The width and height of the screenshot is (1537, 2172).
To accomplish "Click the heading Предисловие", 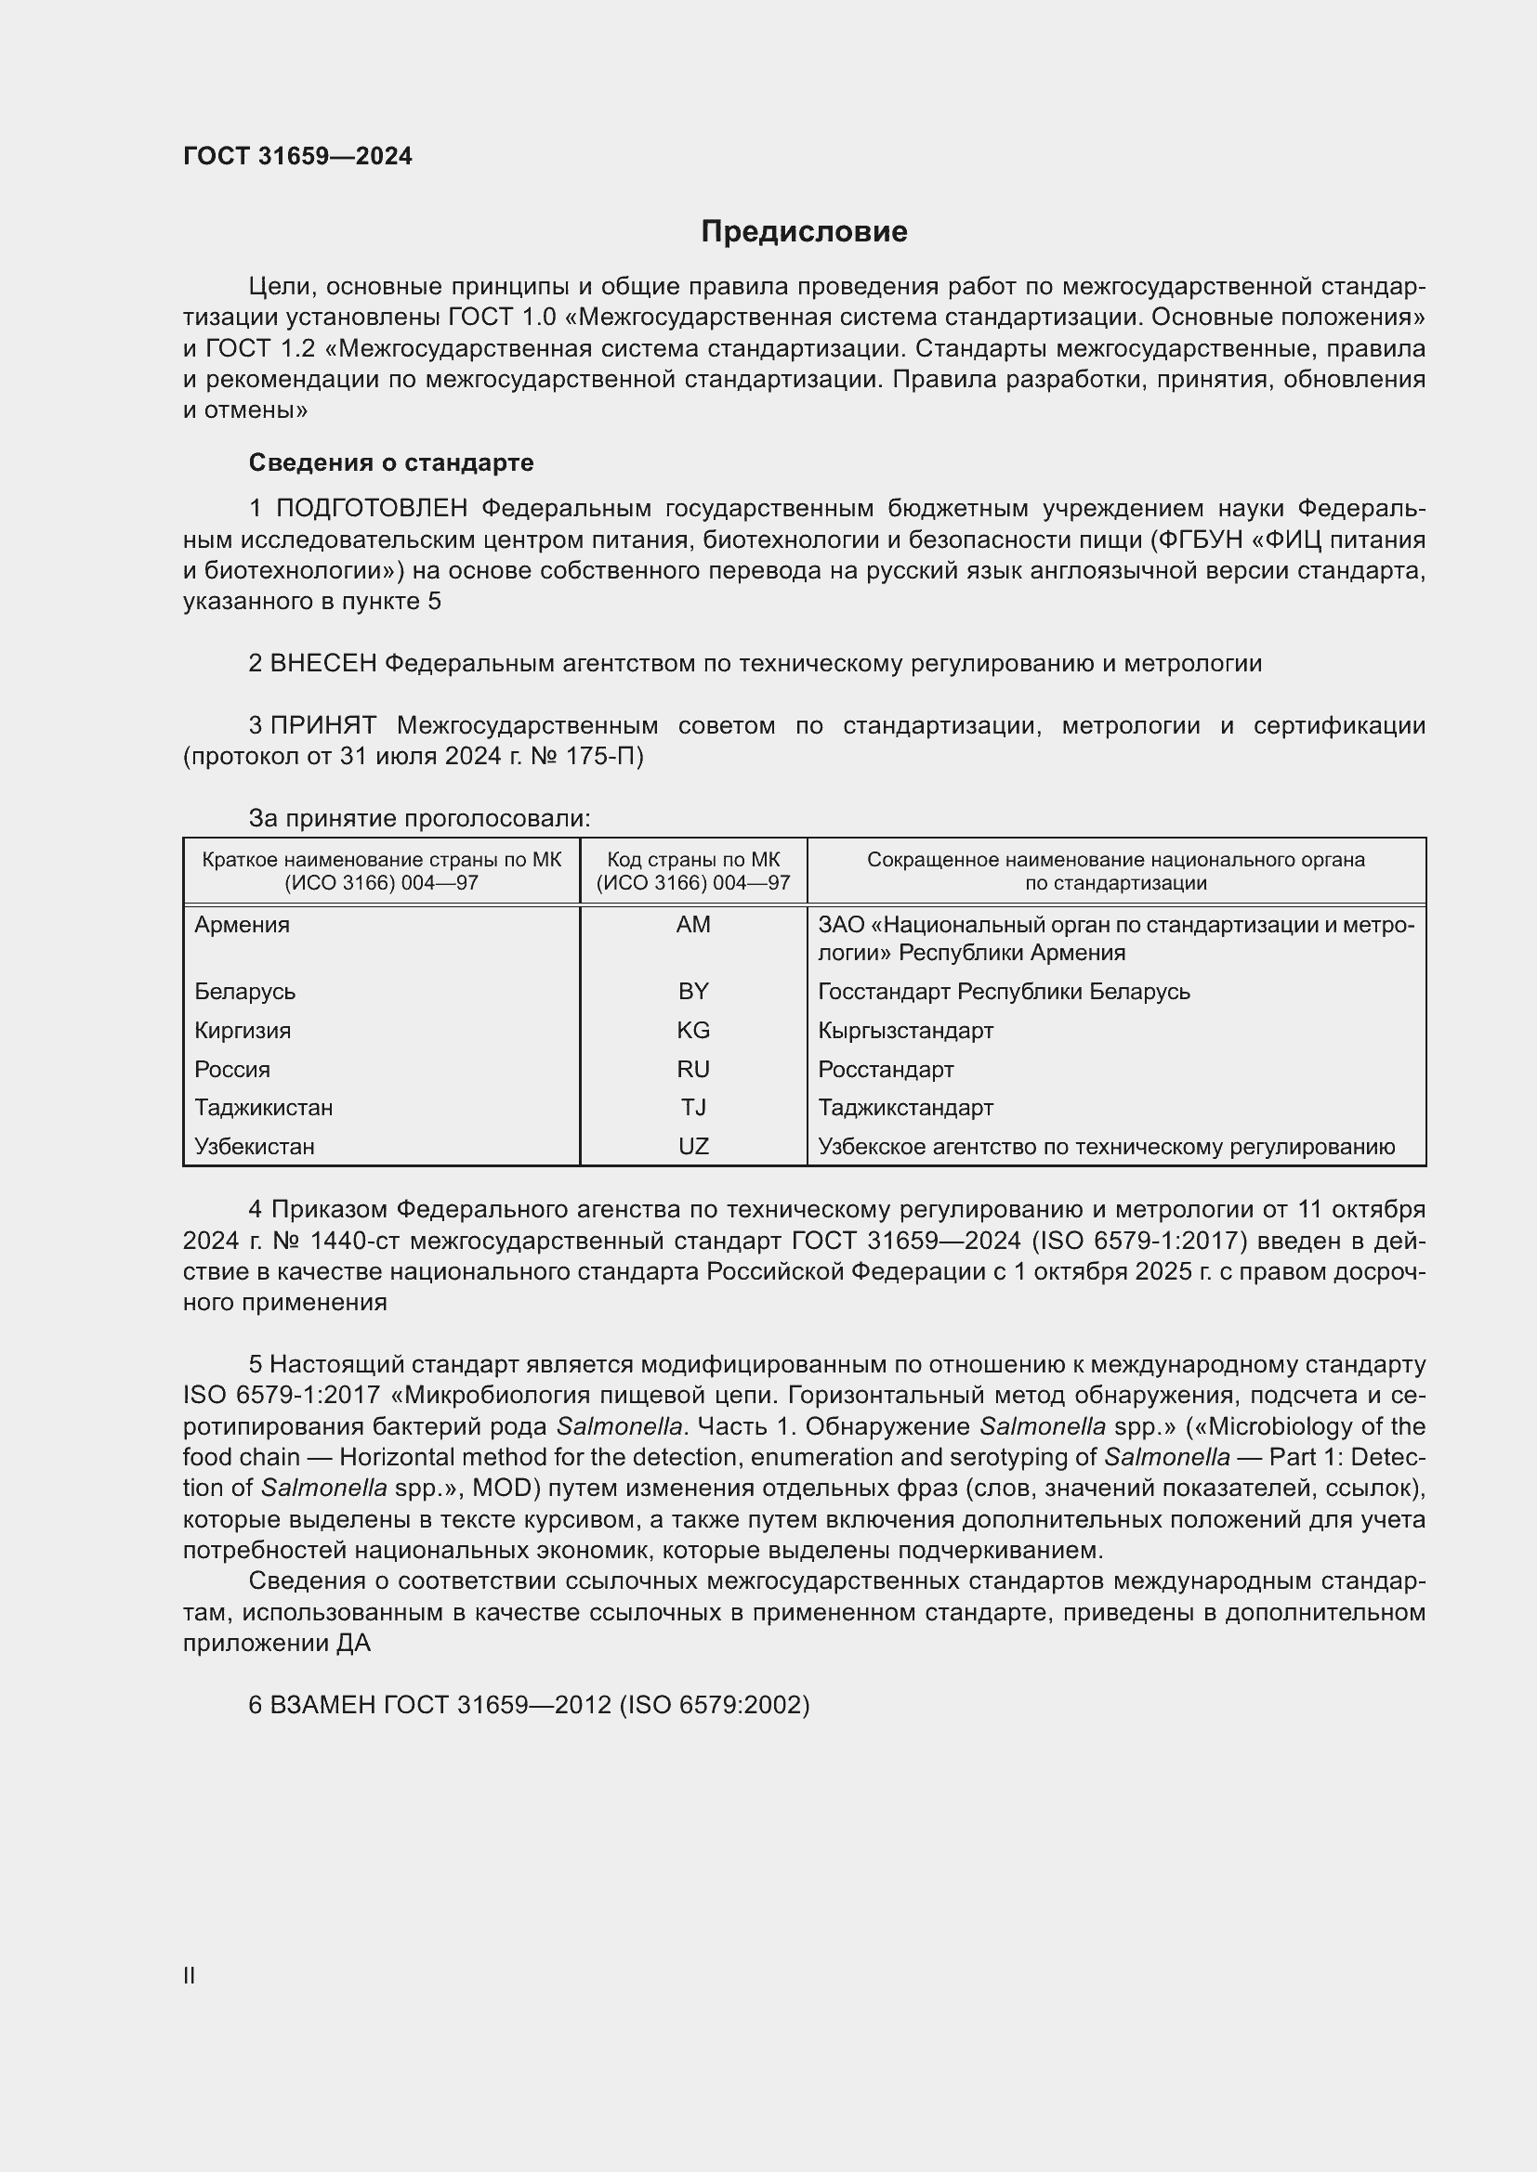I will (804, 232).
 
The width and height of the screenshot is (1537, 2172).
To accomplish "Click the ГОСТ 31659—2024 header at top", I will (297, 157).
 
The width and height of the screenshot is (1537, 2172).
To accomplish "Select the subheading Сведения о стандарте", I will (391, 462).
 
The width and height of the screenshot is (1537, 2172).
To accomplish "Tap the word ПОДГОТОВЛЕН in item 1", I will (372, 509).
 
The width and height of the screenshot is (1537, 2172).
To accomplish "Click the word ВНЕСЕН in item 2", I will (322, 664).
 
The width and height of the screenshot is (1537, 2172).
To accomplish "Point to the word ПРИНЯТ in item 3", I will (322, 726).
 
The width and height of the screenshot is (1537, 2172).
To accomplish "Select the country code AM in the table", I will (693, 925).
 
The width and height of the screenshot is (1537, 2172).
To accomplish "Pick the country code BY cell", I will (693, 992).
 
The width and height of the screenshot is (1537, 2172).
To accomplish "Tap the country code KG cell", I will (693, 1030).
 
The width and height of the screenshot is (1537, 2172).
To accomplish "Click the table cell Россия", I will (233, 1070).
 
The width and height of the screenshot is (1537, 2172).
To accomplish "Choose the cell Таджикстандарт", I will (905, 1108).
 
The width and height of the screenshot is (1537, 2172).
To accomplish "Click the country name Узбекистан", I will (254, 1147).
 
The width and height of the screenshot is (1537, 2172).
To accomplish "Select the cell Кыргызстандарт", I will (905, 1030).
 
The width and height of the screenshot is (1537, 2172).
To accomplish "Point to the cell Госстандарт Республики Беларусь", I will (1004, 992).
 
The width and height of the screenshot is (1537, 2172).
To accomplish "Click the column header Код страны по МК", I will (693, 860).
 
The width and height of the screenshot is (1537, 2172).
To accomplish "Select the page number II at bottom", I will (190, 1975).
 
